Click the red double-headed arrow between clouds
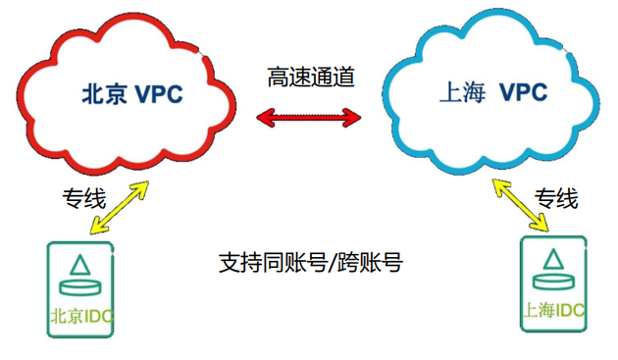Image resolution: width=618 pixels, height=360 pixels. (x=308, y=119)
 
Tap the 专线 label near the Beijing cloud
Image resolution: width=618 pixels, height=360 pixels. (x=82, y=199)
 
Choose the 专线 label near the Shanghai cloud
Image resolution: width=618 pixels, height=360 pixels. (x=556, y=199)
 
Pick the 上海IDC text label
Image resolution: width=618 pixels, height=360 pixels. (x=554, y=311)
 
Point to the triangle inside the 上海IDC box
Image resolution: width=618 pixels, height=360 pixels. (x=553, y=258)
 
